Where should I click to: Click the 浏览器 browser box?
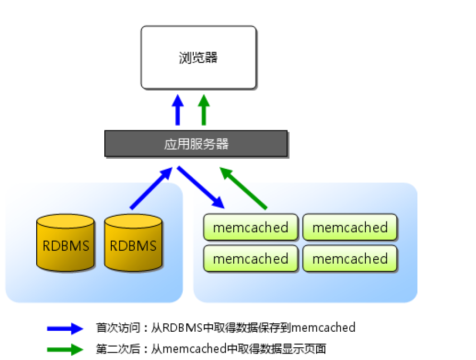click(x=198, y=58)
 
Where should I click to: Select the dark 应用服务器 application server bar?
click(x=196, y=144)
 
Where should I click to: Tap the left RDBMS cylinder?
click(x=65, y=243)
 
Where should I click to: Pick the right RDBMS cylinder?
click(x=133, y=243)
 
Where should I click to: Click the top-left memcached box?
click(x=250, y=228)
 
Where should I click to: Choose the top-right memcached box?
click(x=350, y=228)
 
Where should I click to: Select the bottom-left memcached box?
click(x=250, y=259)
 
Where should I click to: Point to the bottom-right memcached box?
click(x=350, y=259)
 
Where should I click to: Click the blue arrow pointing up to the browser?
click(x=178, y=110)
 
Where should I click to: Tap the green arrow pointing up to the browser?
click(x=203, y=110)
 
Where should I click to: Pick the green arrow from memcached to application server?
click(x=243, y=187)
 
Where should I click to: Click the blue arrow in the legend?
click(x=65, y=329)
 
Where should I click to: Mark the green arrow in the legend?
click(x=65, y=350)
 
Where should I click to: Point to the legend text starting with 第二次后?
click(x=211, y=349)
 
